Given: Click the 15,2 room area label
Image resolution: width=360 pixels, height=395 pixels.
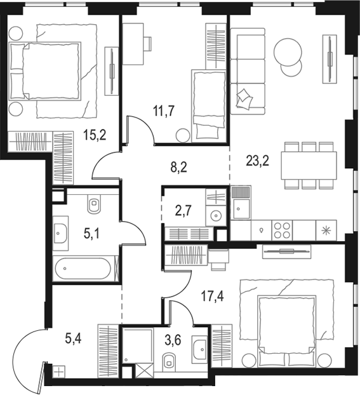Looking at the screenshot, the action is point(95,135).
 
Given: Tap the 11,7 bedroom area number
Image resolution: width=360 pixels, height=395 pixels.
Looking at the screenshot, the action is point(164,111).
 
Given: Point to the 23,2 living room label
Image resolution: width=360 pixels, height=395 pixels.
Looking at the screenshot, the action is point(258,161).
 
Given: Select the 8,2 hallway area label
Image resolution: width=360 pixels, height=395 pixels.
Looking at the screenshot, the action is point(178,167).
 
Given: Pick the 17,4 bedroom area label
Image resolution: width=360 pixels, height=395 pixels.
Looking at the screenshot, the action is point(212,296).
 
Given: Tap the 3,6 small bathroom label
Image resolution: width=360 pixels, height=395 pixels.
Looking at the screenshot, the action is point(173,340).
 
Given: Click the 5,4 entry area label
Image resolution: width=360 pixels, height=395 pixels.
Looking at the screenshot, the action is point(73,339).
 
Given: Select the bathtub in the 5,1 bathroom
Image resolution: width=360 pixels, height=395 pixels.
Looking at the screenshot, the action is point(83,269).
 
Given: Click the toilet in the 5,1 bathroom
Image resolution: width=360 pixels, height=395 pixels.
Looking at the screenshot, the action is point(95,203).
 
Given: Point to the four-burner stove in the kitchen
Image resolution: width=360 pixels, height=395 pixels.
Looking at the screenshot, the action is point(282,230).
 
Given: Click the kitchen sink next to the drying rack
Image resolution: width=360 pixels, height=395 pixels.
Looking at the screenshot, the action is point(241,208).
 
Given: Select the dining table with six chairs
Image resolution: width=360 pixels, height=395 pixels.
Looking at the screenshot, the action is point(309,165).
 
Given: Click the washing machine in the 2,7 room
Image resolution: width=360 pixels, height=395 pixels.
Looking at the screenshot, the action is point(216,216).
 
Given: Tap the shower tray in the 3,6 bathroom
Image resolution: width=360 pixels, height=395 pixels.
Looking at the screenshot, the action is point(138,345).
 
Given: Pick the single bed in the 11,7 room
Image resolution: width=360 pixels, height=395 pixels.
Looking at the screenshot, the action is point(208,106).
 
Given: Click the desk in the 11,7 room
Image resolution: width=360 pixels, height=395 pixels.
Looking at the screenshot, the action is point(133,44).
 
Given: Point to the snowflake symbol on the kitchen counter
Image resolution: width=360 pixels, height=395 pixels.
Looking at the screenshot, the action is point(326,231).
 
